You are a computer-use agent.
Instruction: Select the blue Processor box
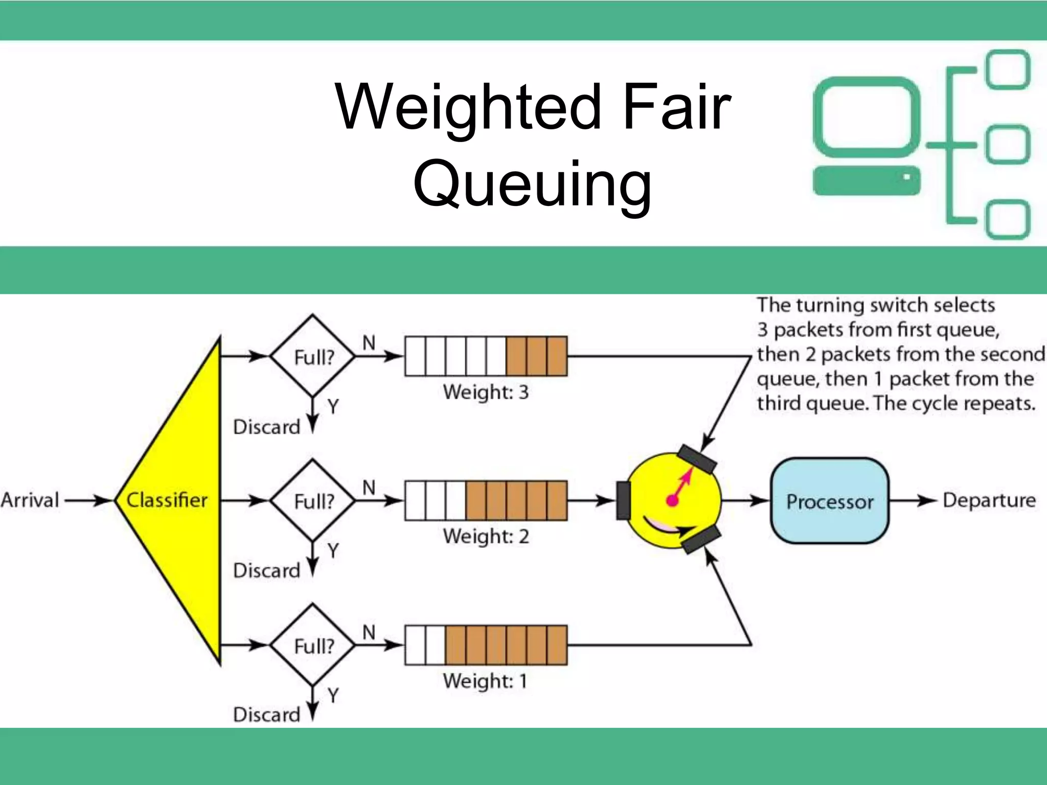click(x=829, y=501)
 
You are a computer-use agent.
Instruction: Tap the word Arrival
click(x=30, y=500)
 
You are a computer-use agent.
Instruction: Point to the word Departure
click(x=989, y=500)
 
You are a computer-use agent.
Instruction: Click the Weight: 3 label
click(x=486, y=392)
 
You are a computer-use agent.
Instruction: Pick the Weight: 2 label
click(x=486, y=536)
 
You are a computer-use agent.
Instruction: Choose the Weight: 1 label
click(x=485, y=681)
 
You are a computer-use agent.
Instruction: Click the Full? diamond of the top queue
click(x=313, y=356)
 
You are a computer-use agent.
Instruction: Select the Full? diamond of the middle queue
click(x=313, y=501)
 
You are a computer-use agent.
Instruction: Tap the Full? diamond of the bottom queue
click(x=313, y=645)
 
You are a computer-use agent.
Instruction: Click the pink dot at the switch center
click(x=672, y=500)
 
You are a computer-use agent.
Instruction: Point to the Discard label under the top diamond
click(x=266, y=427)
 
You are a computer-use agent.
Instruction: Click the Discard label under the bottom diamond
click(x=266, y=714)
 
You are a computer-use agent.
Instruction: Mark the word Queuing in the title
click(x=532, y=184)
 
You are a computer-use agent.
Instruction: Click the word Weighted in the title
click(x=468, y=107)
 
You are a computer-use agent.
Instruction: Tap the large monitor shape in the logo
click(x=867, y=118)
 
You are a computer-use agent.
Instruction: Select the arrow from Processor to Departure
click(x=913, y=500)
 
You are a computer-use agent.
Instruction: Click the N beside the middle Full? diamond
click(x=369, y=488)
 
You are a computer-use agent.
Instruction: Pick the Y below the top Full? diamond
click(x=333, y=407)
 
